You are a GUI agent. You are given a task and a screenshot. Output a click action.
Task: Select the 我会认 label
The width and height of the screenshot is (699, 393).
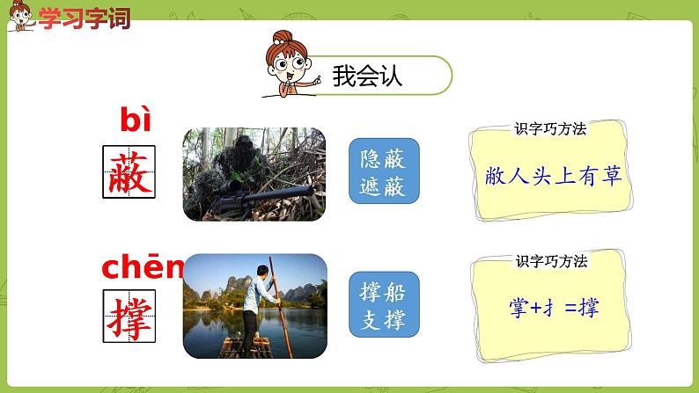click(367, 76)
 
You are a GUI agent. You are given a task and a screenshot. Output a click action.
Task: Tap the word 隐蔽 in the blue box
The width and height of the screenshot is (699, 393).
click(384, 158)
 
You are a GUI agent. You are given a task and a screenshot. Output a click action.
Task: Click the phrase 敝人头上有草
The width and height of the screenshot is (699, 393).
click(553, 176)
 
